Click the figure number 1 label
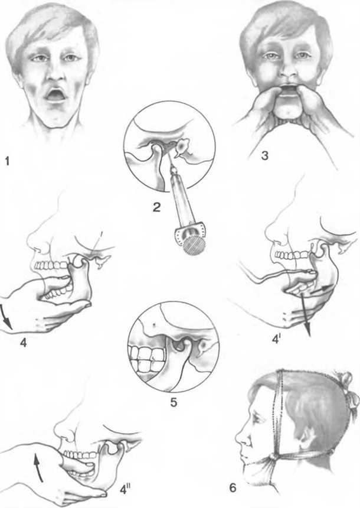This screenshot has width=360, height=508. (7, 161)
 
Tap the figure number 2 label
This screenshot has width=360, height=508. (157, 207)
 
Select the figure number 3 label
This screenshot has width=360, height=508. (264, 156)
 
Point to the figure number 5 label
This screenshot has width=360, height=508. (174, 402)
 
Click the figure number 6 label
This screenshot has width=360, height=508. (233, 487)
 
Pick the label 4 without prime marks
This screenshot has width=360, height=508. (23, 343)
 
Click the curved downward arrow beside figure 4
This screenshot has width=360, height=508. (6, 318)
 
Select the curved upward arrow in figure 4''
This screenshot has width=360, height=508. (38, 467)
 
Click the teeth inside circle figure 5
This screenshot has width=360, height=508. (145, 358)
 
